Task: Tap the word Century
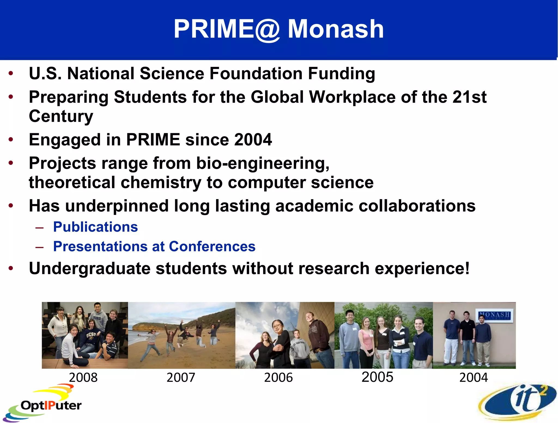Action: (61, 116)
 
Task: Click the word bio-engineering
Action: (263, 163)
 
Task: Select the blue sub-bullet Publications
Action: (95, 227)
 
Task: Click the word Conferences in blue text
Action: (212, 247)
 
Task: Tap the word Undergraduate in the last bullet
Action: (90, 269)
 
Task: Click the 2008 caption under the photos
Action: (83, 378)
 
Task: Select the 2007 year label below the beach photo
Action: (181, 378)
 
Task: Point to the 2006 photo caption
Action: (278, 378)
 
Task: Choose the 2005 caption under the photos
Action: (377, 377)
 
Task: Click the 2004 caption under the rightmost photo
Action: (474, 378)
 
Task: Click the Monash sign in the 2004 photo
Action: (494, 315)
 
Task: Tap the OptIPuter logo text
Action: (51, 406)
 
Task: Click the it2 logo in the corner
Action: (518, 402)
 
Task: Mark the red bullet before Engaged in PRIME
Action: (11, 139)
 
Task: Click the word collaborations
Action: (417, 206)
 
